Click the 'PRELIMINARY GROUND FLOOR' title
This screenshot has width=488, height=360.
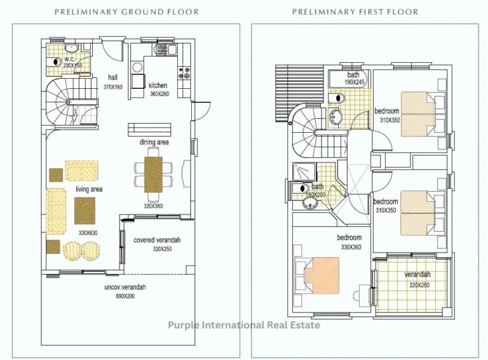pos(126,11)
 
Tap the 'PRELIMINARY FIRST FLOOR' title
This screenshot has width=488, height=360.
pos(355,11)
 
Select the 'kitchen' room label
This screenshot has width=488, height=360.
pos(158,85)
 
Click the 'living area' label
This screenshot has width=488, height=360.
pos(89,189)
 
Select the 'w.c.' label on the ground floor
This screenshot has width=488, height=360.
pos(70,58)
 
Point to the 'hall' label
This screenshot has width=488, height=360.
pos(113,77)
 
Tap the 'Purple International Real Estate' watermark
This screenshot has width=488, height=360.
pos(244,325)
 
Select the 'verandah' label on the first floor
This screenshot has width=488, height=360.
pos(417,275)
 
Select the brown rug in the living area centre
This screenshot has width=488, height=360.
pos(85,210)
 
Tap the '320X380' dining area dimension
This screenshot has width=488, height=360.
pos(154,206)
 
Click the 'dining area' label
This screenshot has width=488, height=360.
pos(154,142)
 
